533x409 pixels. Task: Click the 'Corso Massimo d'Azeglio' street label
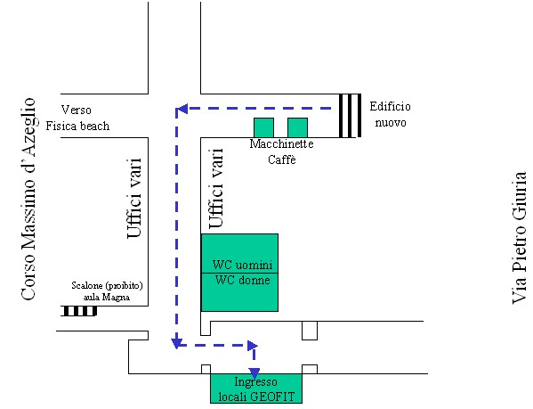28,200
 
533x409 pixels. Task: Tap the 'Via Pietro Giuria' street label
519,238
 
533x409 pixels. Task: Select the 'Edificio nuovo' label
391,114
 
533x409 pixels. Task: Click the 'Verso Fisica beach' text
77,118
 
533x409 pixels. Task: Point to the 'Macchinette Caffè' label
281,151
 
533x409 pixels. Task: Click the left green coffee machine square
263,127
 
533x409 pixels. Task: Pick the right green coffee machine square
297,127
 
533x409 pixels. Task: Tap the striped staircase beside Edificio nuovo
350,116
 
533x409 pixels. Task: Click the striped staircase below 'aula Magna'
79,311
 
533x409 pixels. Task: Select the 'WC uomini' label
242,265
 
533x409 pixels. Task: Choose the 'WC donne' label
242,280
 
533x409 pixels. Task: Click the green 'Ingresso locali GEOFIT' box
256,389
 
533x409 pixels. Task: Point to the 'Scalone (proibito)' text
107,285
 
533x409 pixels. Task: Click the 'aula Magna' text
107,297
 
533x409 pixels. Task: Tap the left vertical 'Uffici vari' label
134,198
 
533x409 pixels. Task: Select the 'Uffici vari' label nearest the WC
216,188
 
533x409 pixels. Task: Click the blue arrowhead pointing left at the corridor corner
182,109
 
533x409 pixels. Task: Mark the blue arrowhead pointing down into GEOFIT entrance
254,373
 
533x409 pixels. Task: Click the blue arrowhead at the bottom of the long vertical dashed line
176,343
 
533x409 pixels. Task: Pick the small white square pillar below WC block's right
310,331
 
